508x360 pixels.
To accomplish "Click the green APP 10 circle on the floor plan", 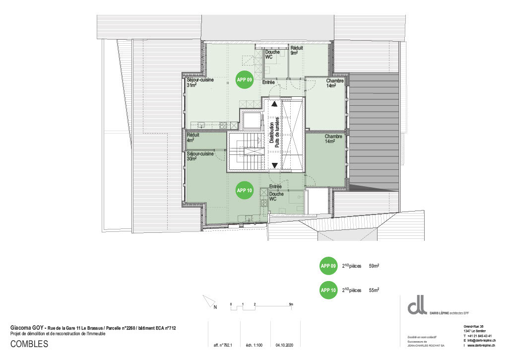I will coord(245,190).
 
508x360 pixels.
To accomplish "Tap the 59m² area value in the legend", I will coord(374,266).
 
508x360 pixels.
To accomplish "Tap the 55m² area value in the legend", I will coord(374,290).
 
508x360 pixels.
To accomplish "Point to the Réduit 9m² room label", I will coord(297,50).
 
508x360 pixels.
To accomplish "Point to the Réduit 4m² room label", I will coord(193,138).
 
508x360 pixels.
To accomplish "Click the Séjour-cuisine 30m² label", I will coord(200,156).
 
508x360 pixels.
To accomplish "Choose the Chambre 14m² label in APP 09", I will coord(335,83).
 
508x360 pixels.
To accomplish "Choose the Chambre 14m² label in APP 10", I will coord(334,139).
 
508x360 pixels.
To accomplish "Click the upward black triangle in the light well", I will coord(274,104).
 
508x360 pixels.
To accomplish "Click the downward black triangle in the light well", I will coord(274,165).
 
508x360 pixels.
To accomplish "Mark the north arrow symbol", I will coord(211,303).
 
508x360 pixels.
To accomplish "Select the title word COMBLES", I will coord(29,344).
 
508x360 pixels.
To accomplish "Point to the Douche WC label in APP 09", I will coord(272,55).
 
